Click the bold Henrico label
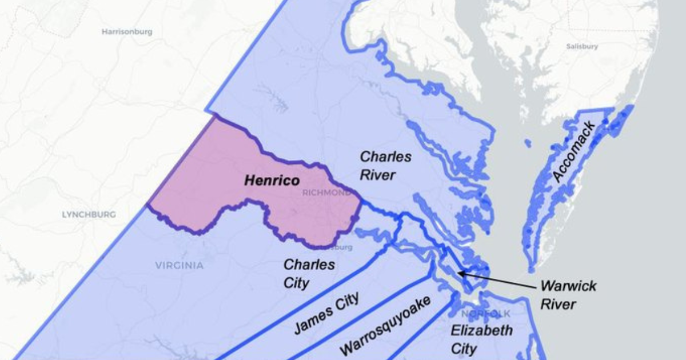(272, 181)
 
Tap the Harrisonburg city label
(127, 32)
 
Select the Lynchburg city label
(89, 215)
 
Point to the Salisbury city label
(582, 46)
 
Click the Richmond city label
(327, 193)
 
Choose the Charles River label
(385, 165)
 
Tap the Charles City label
(309, 274)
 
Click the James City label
(326, 313)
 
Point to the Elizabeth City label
(474, 339)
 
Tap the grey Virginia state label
(179, 265)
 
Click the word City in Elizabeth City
(464, 348)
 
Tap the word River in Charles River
(377, 175)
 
